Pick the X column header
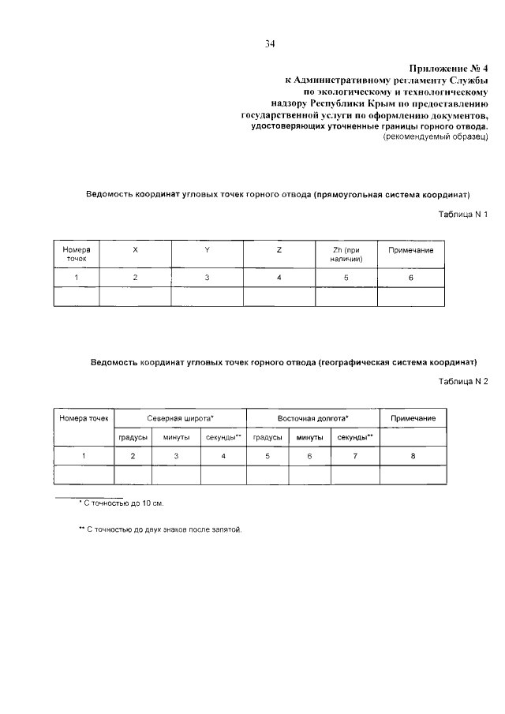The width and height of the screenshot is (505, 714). click(135, 250)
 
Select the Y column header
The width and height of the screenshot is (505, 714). click(207, 250)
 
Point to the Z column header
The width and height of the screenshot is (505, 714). click(279, 250)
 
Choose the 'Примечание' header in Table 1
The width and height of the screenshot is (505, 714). click(411, 250)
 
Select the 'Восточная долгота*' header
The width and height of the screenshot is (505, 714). click(312, 417)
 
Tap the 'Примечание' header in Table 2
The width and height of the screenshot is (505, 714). click(413, 417)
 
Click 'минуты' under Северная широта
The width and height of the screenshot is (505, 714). click(176, 436)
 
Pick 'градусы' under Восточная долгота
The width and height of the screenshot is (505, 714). click(267, 436)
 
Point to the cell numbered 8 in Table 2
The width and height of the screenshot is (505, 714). click(413, 456)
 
